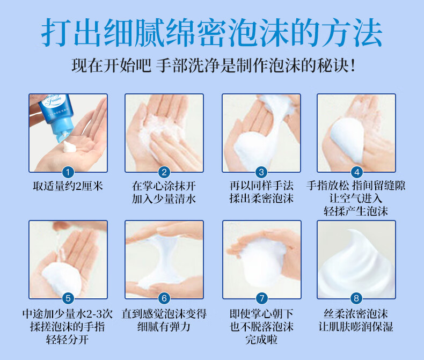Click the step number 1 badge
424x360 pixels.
click(68, 172)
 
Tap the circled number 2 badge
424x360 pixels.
click(164, 172)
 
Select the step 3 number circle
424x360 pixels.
click(261, 172)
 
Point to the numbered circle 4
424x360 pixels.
click(357, 172)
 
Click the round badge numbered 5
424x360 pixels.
click(68, 298)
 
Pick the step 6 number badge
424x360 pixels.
click(164, 298)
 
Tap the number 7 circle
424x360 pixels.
click(261, 298)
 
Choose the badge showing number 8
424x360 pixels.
click(356, 298)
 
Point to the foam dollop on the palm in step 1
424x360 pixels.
click(69, 147)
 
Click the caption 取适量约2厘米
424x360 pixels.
click(68, 186)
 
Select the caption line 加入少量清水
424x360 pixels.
click(164, 199)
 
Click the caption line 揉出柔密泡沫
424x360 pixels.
click(261, 198)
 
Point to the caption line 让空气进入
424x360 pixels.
click(356, 198)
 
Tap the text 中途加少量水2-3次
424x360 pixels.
click(68, 314)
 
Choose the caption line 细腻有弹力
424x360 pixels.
click(164, 327)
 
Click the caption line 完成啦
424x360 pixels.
click(261, 339)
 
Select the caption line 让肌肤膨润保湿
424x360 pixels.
click(356, 327)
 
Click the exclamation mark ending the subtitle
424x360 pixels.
click(352, 65)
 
